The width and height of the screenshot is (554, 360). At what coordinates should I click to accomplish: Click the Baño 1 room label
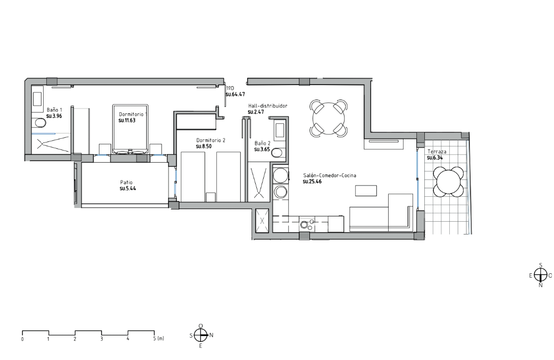(54, 110)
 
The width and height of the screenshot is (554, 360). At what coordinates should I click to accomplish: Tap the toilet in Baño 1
(40, 123)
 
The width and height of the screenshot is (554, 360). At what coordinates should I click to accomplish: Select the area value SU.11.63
(127, 120)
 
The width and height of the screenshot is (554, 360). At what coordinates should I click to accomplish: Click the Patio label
(126, 182)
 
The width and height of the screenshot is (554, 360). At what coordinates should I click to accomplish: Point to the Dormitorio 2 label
(211, 140)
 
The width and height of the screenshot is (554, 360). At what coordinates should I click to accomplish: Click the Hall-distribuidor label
(268, 106)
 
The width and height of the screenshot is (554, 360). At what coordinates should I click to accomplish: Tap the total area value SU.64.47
(236, 94)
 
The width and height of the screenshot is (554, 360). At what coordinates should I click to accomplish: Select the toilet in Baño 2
(277, 153)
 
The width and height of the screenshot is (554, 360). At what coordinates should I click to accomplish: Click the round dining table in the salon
(329, 119)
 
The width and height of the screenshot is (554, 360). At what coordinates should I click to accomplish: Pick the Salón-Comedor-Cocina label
(330, 175)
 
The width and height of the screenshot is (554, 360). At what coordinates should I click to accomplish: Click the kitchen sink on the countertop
(304, 224)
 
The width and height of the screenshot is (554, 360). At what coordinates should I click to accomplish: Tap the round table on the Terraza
(448, 182)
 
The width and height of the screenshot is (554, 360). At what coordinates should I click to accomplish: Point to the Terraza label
(437, 152)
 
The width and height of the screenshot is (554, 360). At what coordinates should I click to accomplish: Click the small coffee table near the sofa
(366, 190)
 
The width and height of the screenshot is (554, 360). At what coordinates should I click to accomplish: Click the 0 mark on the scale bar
(22, 339)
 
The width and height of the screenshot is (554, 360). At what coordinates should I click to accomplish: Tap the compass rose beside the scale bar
(200, 335)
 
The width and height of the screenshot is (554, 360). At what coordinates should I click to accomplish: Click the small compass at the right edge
(541, 274)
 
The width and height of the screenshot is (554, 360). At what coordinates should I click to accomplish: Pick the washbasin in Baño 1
(37, 99)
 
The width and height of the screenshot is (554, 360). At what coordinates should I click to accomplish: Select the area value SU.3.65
(262, 149)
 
